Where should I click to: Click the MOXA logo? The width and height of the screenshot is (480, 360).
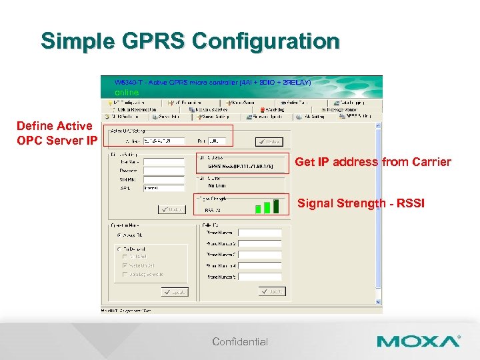click(418, 341)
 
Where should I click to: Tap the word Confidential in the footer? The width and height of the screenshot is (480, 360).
click(240, 342)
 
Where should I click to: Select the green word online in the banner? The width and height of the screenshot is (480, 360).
click(127, 92)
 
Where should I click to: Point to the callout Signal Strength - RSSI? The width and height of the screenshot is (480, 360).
click(360, 203)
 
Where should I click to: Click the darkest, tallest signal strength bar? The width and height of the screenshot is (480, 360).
click(275, 206)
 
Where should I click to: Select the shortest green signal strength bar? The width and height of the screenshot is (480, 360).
click(258, 209)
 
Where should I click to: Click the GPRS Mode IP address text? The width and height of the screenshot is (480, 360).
click(241, 166)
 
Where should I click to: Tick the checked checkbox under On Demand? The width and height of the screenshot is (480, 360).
click(125, 265)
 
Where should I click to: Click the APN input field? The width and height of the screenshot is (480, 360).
click(163, 188)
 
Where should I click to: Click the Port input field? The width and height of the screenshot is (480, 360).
click(218, 141)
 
